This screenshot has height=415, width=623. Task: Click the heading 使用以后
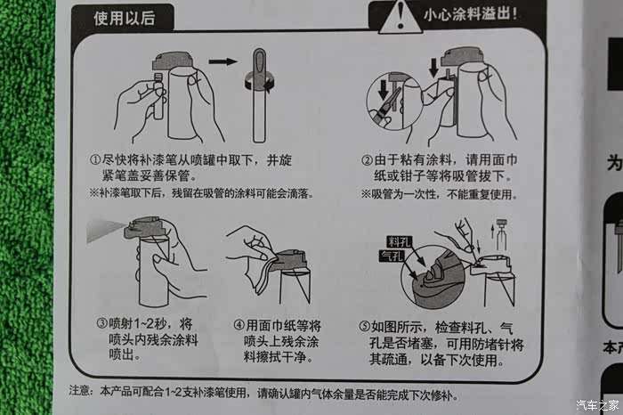coord(124,19)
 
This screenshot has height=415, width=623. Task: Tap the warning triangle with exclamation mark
coord(400,18)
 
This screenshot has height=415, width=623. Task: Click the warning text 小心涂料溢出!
coord(470,15)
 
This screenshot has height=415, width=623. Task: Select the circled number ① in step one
coord(95,159)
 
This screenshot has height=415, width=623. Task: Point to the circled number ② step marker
coord(367,160)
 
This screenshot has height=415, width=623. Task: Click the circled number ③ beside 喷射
coord(102,323)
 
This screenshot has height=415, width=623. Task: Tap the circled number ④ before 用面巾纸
coord(239,325)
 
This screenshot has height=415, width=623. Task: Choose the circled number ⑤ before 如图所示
coord(365,327)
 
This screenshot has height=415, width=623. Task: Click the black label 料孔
coord(400,241)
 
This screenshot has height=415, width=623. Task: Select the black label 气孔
coord(392,256)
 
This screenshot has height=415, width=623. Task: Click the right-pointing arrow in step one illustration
coord(222,61)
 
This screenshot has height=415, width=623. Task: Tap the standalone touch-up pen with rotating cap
coord(260,94)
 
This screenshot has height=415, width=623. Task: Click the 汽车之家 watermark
coord(597,405)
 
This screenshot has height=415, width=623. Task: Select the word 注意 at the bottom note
coord(80,391)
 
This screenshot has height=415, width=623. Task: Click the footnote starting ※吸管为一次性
coord(440,194)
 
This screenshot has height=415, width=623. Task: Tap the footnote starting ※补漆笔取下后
coord(201,193)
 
